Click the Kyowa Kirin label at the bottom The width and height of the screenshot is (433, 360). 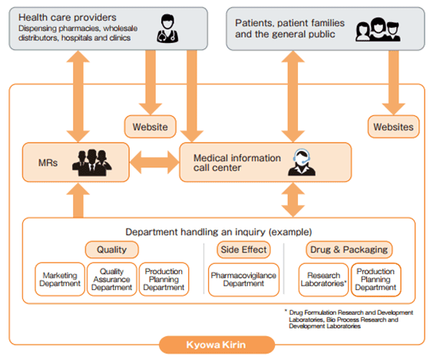click(x=216, y=345)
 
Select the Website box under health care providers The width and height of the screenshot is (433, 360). click(x=150, y=127)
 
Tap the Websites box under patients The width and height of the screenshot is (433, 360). click(x=394, y=127)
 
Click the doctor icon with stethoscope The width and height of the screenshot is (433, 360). click(x=167, y=28)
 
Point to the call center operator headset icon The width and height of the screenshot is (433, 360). click(x=302, y=162)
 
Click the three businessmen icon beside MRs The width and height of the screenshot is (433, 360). click(x=92, y=163)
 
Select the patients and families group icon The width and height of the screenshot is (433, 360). click(x=378, y=29)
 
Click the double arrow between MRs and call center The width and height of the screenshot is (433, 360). click(x=154, y=162)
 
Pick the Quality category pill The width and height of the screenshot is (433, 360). click(x=112, y=249)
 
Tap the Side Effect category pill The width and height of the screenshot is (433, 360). click(x=243, y=249)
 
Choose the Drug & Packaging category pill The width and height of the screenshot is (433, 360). click(x=349, y=249)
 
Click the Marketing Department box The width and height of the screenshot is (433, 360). click(x=60, y=279)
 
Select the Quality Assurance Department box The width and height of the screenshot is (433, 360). click(x=112, y=279)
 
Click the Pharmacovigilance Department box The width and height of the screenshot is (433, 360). click(x=243, y=279)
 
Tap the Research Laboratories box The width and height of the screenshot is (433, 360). click(x=323, y=279)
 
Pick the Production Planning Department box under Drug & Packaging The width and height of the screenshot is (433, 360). click(x=376, y=279)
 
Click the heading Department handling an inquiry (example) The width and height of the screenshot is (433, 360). click(x=219, y=232)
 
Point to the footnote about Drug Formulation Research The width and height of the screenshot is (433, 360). click(x=349, y=319)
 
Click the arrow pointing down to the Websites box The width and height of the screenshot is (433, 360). click(x=394, y=83)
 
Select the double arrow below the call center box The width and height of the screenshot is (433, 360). click(x=293, y=200)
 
